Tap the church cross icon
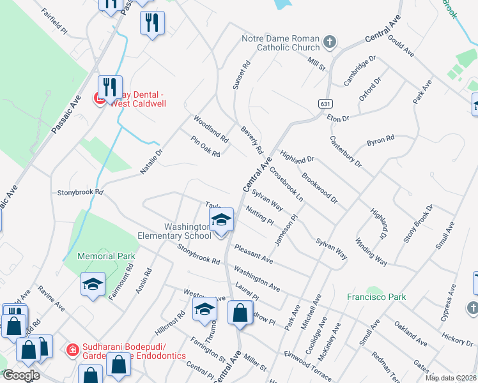pyautogui.click(x=329, y=43)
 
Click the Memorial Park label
pyautogui.click(x=106, y=256)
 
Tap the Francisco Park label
pyautogui.click(x=377, y=297)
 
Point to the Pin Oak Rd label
pyautogui.click(x=205, y=147)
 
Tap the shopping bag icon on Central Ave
pyautogui.click(x=240, y=313)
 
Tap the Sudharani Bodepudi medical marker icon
pyautogui.click(x=73, y=350)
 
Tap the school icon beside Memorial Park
pyautogui.click(x=93, y=284)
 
